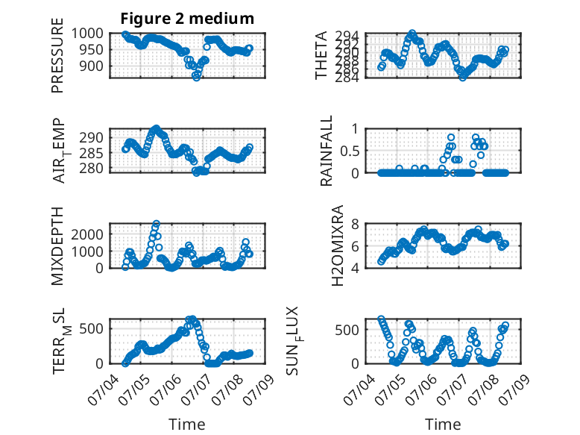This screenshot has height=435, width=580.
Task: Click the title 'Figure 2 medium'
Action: point(187,19)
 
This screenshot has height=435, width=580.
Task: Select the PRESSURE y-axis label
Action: point(57,55)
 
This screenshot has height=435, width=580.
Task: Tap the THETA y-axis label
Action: point(321,55)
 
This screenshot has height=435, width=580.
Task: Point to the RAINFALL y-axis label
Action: point(327,151)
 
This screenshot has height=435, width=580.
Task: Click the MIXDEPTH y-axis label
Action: point(57,245)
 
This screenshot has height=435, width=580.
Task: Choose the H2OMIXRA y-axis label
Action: point(338,245)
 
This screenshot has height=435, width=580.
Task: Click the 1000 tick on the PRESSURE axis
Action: point(87,34)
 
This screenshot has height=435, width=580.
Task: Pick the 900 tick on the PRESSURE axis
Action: point(92,66)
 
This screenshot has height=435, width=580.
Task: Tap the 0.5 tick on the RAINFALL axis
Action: point(349,151)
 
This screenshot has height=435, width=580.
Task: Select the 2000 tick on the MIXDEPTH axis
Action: point(87,234)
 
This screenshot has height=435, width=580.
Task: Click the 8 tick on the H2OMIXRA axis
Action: point(355,224)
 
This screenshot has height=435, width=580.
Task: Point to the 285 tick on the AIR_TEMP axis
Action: point(92,153)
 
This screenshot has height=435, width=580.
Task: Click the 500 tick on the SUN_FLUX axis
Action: point(347,330)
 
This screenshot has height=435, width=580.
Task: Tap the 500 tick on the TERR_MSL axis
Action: point(92,328)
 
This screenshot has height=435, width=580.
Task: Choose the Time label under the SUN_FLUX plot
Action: point(443,425)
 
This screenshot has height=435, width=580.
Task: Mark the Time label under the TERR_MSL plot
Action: point(187,425)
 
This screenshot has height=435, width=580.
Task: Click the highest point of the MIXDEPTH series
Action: point(157,224)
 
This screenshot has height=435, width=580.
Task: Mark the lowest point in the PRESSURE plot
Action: point(196,78)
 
